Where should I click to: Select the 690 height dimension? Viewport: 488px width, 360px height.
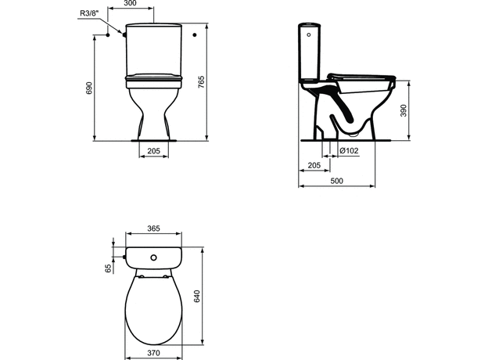pyautogui.click(x=89, y=88)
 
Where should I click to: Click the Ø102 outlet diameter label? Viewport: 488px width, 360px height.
pyautogui.click(x=348, y=150)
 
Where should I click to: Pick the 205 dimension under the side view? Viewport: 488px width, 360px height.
pyautogui.click(x=313, y=166)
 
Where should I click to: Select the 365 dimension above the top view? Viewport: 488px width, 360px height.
pyautogui.click(x=153, y=229)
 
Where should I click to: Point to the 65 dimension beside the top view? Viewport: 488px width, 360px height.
pyautogui.click(x=108, y=268)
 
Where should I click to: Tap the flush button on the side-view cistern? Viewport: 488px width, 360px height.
pyautogui.click(x=310, y=32)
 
